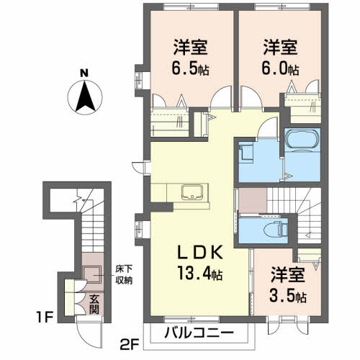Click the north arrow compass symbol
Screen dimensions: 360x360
[x=84, y=97]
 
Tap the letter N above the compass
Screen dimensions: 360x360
[x=84, y=73]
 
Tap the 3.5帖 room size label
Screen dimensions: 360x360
[x=289, y=296]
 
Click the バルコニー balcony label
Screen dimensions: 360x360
[x=198, y=333]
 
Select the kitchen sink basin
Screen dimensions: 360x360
[x=192, y=192]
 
